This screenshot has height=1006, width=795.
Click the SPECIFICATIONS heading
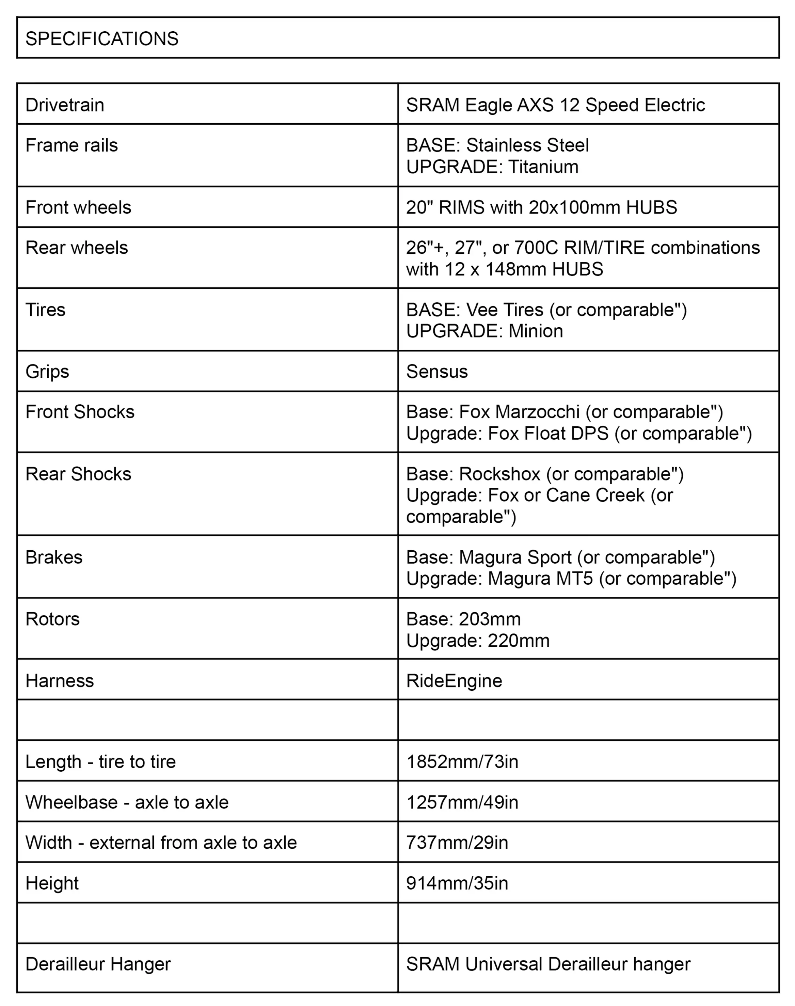click(101, 38)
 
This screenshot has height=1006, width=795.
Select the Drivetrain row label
click(65, 105)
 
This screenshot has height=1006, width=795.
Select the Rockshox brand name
click(499, 474)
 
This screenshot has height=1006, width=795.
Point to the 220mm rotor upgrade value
click(519, 641)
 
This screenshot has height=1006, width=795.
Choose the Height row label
click(52, 883)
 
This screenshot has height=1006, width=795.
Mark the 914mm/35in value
click(457, 883)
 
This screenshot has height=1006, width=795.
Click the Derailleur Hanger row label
click(98, 964)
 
